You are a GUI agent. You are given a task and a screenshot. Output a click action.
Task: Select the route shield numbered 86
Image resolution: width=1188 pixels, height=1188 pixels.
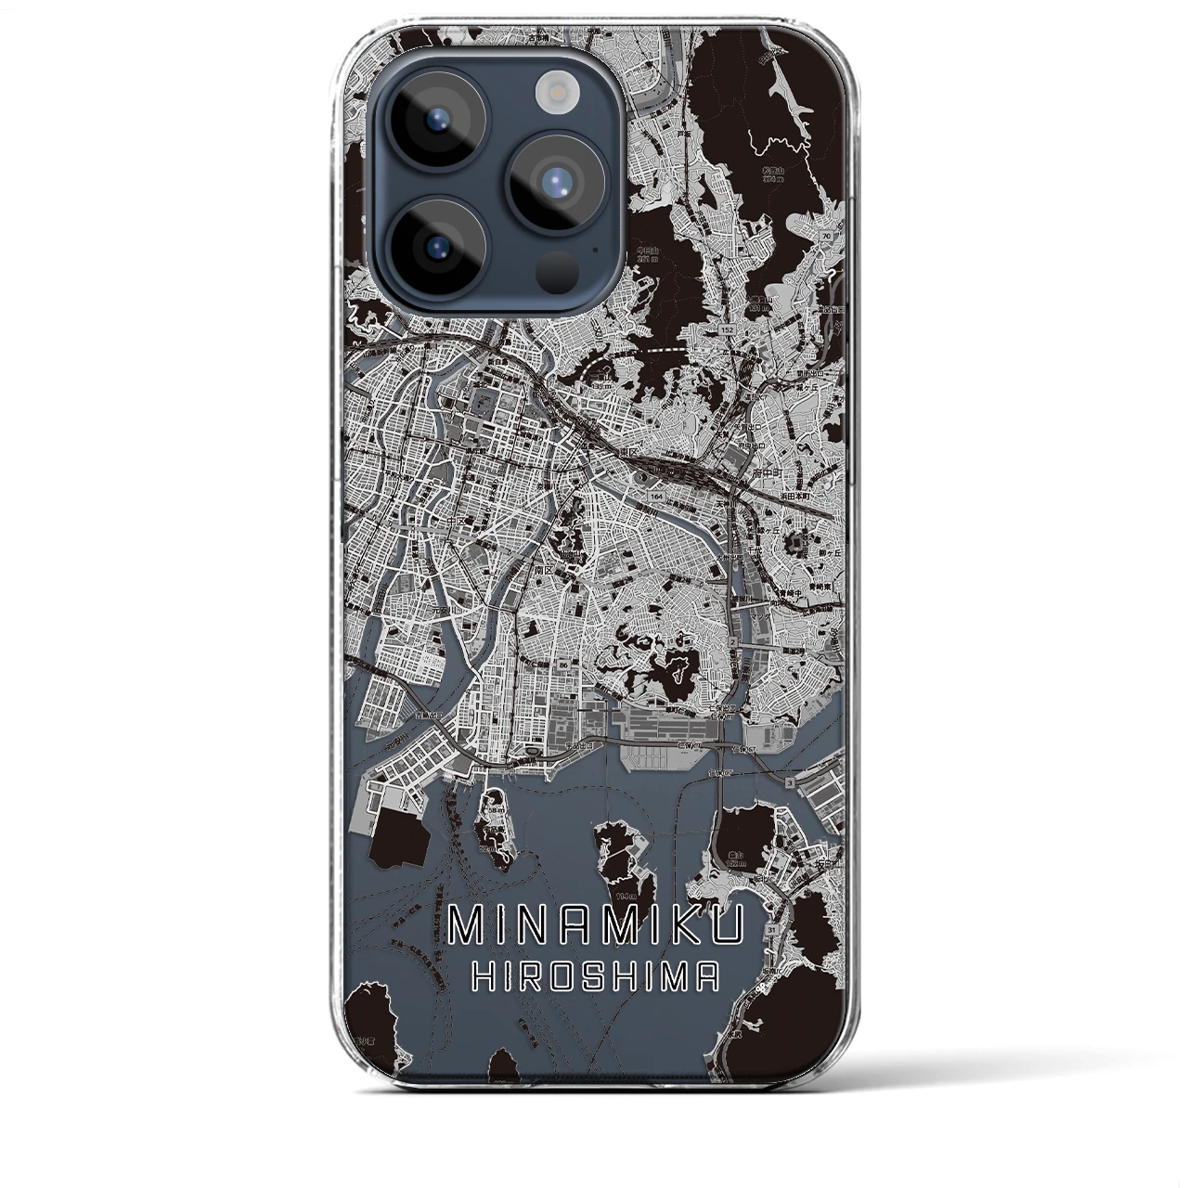pos(562,665)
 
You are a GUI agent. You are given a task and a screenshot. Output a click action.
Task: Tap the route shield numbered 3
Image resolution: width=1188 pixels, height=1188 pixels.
pos(789,783)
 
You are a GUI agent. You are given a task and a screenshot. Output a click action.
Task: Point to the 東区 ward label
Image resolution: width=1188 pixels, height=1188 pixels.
pos(629,453)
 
